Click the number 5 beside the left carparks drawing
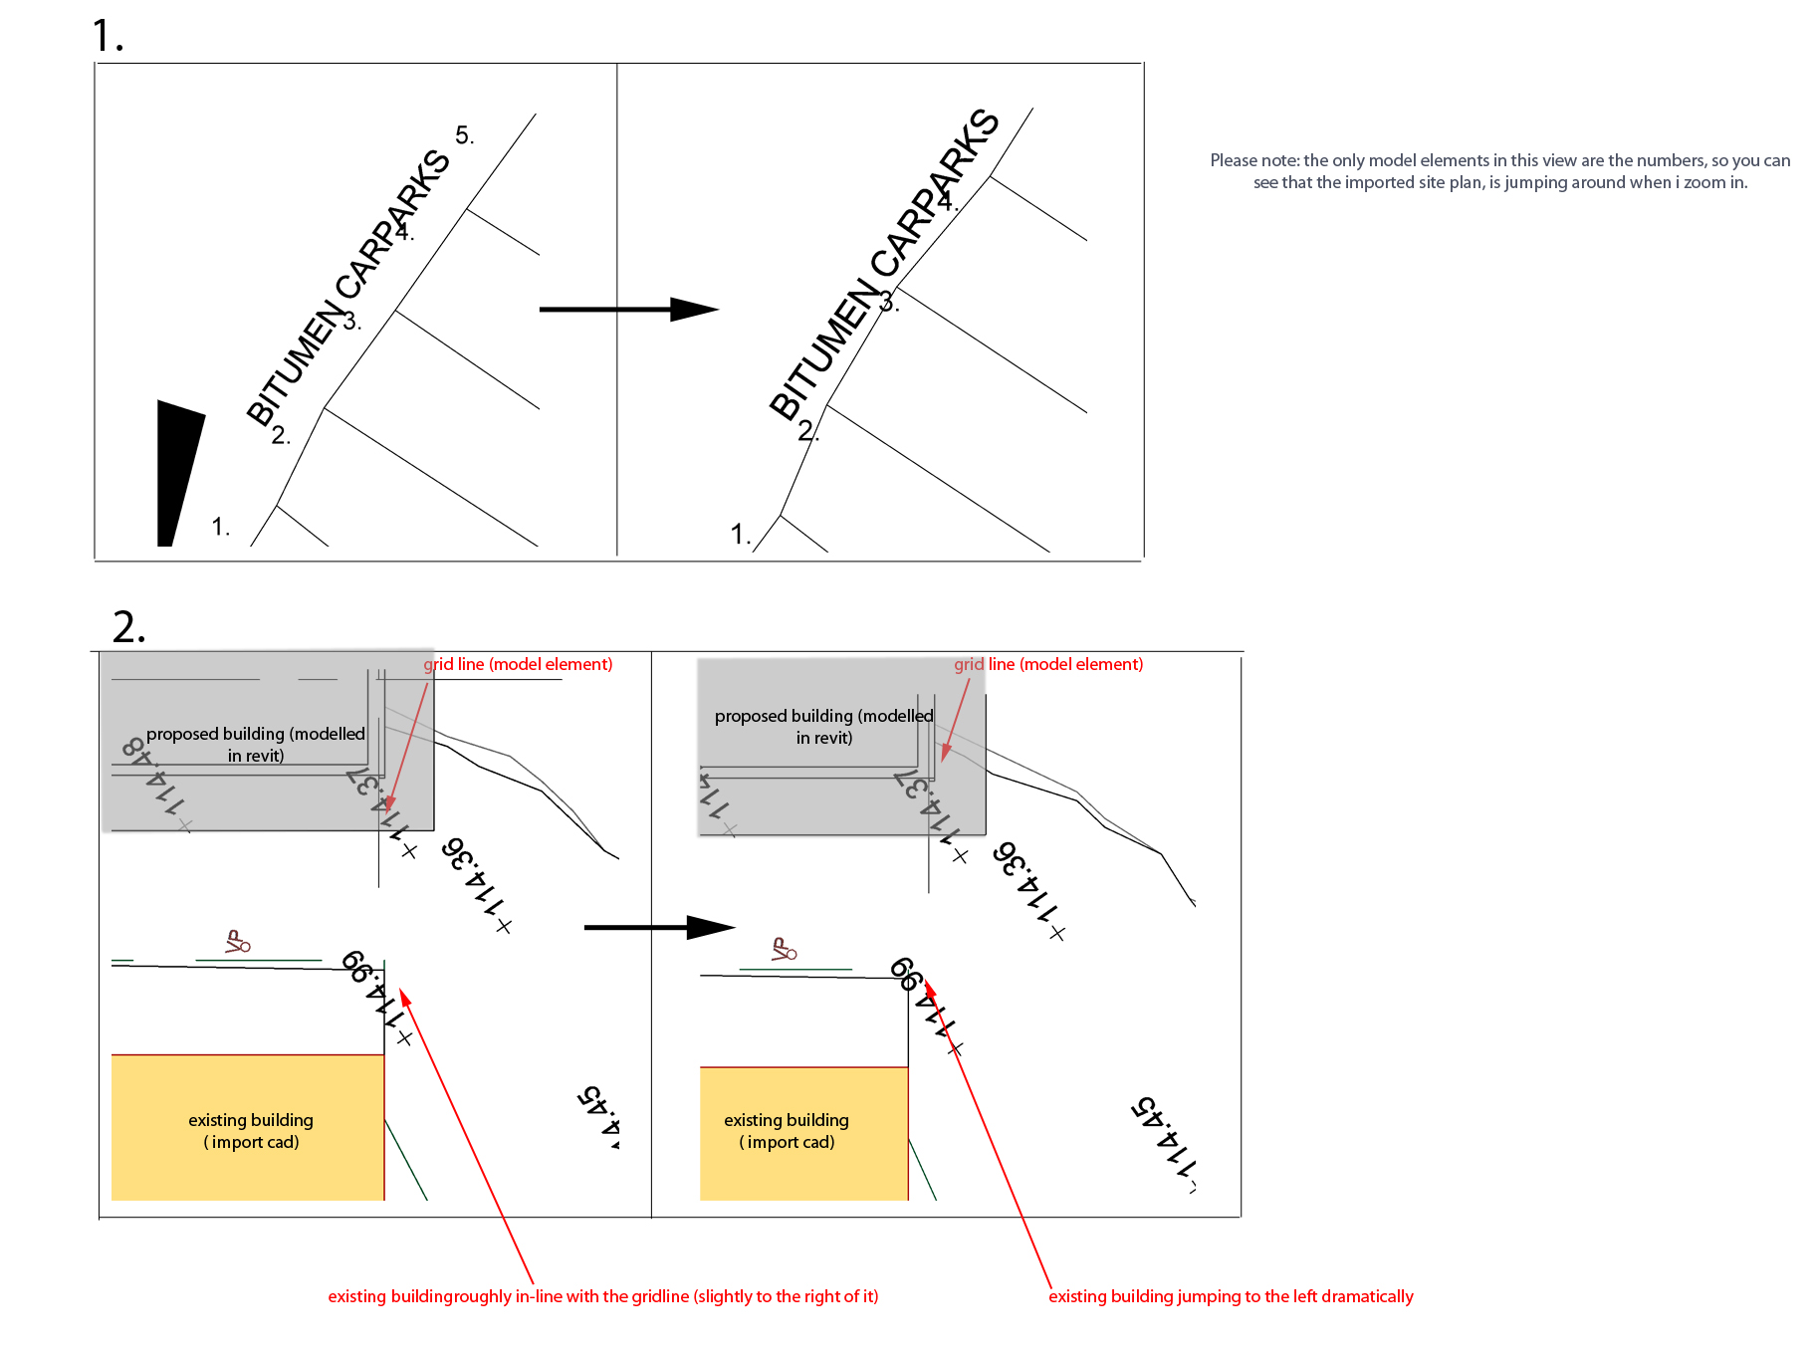[464, 135]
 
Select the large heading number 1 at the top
[108, 37]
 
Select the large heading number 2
[128, 628]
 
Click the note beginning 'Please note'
[1499, 171]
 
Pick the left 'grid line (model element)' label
[518, 664]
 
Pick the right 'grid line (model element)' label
[1048, 664]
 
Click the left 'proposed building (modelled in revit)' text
[256, 745]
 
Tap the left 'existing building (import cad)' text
[251, 1131]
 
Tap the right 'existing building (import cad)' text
[787, 1131]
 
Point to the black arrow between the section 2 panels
[658, 927]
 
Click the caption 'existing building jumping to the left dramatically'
[1231, 1296]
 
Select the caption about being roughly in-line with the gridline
[603, 1296]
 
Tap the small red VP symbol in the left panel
[237, 942]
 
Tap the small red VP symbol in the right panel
[784, 950]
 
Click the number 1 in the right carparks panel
[740, 535]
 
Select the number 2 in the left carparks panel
[281, 435]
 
